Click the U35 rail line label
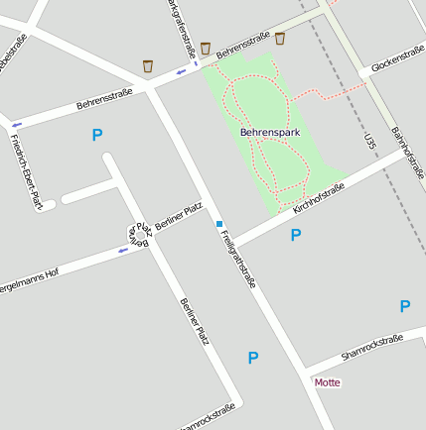click(370, 141)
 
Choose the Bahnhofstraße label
click(407, 146)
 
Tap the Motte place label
click(327, 381)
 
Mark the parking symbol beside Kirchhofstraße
click(295, 235)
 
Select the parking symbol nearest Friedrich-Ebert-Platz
click(96, 135)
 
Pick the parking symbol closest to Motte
click(253, 358)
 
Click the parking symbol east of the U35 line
click(404, 306)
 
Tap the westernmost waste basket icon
click(148, 66)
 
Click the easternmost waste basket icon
click(280, 39)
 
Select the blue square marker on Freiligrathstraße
click(219, 224)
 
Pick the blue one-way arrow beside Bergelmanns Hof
click(123, 250)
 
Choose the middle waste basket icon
click(206, 48)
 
